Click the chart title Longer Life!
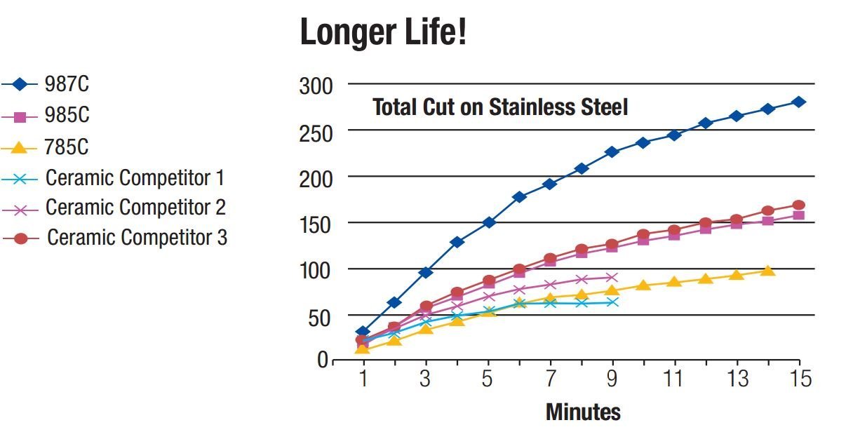click(x=383, y=32)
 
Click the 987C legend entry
click(x=67, y=85)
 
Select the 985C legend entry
click(x=67, y=116)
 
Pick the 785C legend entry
click(x=67, y=147)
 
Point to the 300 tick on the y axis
click(x=316, y=86)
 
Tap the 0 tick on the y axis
click(x=323, y=360)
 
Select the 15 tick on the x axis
click(x=800, y=379)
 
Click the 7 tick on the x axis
click(x=550, y=379)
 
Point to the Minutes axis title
click(x=583, y=412)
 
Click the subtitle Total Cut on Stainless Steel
click(x=500, y=107)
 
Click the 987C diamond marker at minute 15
click(x=799, y=102)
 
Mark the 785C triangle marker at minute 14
click(x=767, y=271)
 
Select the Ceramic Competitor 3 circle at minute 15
click(x=799, y=205)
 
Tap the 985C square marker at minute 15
click(x=799, y=215)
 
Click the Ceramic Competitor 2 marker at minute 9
click(x=612, y=278)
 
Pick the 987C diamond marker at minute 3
click(x=425, y=272)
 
